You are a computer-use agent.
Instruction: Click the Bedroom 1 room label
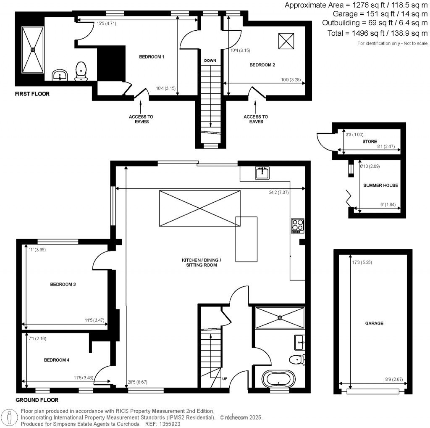(152, 57)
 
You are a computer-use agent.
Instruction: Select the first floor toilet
(81, 71)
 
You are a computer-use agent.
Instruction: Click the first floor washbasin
(60, 76)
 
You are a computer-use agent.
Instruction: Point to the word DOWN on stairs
(210, 61)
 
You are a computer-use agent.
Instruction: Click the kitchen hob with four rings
(297, 226)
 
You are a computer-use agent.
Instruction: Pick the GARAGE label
(374, 323)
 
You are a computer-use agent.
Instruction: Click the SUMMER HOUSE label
(380, 185)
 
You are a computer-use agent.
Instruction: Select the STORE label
(370, 142)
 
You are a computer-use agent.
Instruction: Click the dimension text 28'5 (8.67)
(138, 382)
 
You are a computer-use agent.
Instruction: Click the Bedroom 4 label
(57, 360)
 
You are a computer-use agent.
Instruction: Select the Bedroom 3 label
(63, 284)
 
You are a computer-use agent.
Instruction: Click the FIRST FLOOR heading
(32, 94)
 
